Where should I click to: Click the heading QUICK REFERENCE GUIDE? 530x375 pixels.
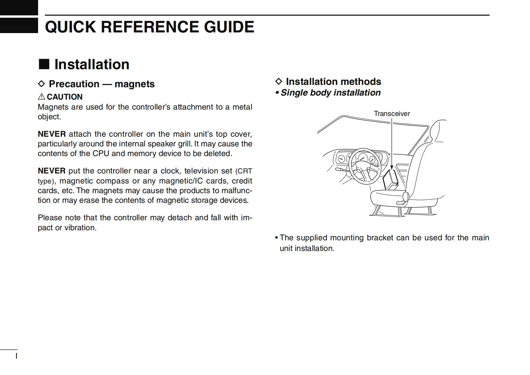point(149,27)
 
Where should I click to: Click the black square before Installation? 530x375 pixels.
point(44,64)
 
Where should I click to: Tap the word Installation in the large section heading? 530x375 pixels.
point(92,65)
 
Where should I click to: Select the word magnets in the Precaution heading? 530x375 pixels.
point(134,84)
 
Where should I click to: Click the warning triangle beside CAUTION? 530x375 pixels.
point(41,97)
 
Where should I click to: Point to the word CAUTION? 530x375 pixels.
point(64,97)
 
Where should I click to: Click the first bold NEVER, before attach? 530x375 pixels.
point(51,134)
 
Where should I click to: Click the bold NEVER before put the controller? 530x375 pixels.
point(51,171)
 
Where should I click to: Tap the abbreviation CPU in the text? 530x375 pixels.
point(101,154)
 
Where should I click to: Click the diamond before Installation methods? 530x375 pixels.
point(279,82)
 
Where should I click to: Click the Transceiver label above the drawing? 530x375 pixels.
point(392,114)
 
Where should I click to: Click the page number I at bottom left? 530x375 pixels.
point(16,356)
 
